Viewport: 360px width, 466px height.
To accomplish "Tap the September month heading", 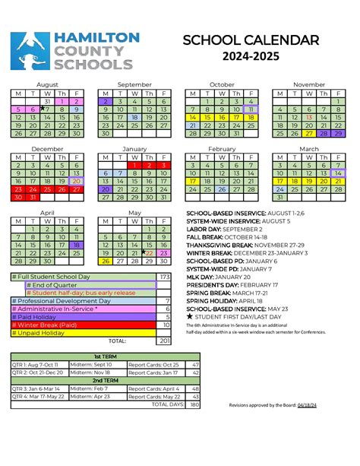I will click(x=134, y=84).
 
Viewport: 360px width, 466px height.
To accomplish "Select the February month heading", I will click(x=222, y=149).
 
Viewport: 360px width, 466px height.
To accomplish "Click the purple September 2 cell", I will click(x=105, y=101).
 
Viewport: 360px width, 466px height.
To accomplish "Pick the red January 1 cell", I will click(x=134, y=165).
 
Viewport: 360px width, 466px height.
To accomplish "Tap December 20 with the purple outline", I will click(x=76, y=182).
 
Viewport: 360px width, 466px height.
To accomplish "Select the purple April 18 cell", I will click(x=76, y=246).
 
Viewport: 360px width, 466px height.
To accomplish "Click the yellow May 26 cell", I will click(x=105, y=262).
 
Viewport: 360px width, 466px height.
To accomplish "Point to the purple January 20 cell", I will click(x=105, y=190).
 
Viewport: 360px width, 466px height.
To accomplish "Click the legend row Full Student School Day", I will click(x=82, y=277).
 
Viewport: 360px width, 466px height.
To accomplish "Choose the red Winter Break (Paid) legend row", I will click(x=82, y=325).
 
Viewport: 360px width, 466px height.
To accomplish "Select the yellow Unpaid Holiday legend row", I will click(x=82, y=333).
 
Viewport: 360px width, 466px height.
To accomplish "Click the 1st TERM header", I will click(x=106, y=356).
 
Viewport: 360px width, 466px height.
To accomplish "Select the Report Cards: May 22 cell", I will click(x=154, y=396).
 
